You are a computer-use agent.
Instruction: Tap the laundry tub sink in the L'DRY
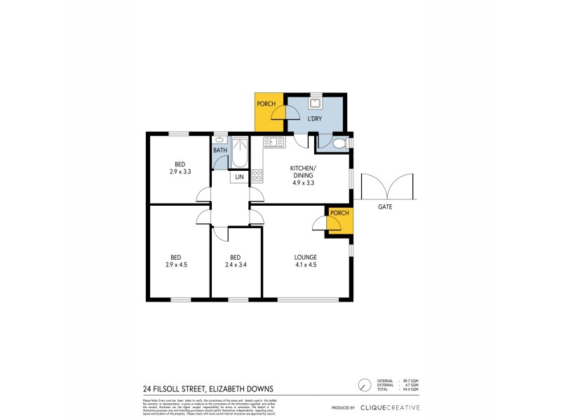(x=316, y=104)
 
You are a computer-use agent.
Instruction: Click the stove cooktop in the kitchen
(x=257, y=176)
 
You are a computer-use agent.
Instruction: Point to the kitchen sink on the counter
(x=274, y=142)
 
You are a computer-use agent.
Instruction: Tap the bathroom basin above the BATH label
(x=220, y=140)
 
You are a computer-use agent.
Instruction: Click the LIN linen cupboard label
(x=240, y=176)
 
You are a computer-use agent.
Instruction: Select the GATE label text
(x=385, y=207)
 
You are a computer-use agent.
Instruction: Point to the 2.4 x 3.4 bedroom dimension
(x=235, y=265)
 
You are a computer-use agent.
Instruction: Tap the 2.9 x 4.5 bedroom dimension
(x=176, y=265)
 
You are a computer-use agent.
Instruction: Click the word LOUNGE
(x=305, y=257)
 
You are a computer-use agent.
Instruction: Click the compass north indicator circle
(x=364, y=386)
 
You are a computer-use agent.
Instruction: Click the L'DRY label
(x=315, y=119)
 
